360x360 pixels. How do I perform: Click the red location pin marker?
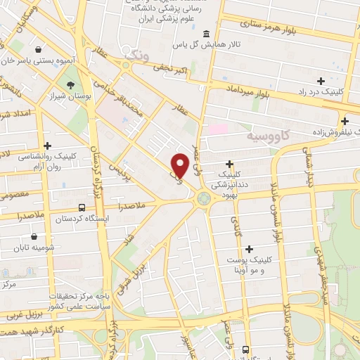pos(180,165)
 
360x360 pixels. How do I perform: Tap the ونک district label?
pos(136,53)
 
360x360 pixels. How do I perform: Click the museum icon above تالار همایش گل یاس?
pos(205,34)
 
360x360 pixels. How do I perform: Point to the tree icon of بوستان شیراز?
pos(72,86)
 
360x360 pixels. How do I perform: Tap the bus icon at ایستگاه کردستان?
pos(82,208)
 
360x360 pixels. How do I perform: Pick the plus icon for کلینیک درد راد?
pos(321,82)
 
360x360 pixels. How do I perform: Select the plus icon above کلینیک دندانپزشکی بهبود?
pos(229,163)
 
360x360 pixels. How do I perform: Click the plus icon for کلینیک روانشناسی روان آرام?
pos(46,146)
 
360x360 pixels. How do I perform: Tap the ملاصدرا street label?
pos(132,207)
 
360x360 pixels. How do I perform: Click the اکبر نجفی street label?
pos(172,69)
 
